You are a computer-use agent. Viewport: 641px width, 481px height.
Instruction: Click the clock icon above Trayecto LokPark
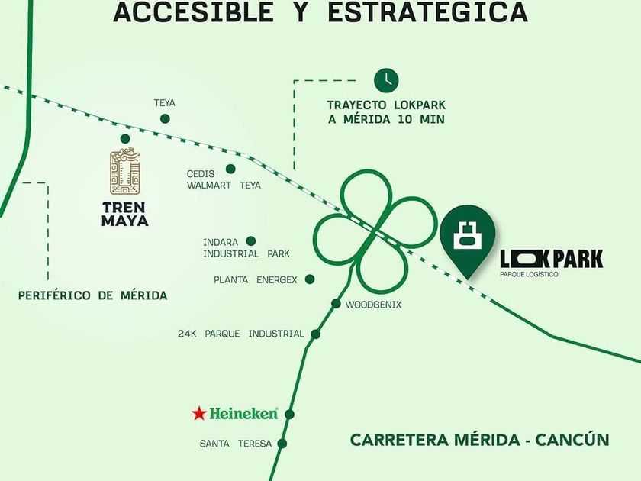[386, 79]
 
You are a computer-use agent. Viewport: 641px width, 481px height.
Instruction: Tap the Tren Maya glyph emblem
[126, 173]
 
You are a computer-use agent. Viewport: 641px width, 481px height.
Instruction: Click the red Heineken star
[199, 414]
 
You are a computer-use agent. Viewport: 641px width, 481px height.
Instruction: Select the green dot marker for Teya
[164, 118]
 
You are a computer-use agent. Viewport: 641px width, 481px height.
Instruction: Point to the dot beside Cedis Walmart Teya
[230, 169]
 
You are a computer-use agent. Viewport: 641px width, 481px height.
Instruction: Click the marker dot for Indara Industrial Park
[250, 240]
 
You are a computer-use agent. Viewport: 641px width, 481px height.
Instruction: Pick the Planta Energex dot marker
[310, 279]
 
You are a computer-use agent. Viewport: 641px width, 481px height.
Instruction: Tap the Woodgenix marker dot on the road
[336, 304]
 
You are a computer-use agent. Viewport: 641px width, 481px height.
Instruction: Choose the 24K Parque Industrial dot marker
[315, 334]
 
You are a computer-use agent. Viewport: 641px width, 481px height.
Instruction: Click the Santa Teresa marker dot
[282, 443]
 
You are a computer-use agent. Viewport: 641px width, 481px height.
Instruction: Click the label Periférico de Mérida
[93, 295]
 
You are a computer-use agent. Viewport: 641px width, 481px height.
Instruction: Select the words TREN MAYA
[125, 213]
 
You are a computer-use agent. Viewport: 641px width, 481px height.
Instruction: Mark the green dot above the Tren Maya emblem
[125, 138]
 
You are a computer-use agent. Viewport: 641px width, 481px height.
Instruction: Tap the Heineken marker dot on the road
[289, 414]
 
